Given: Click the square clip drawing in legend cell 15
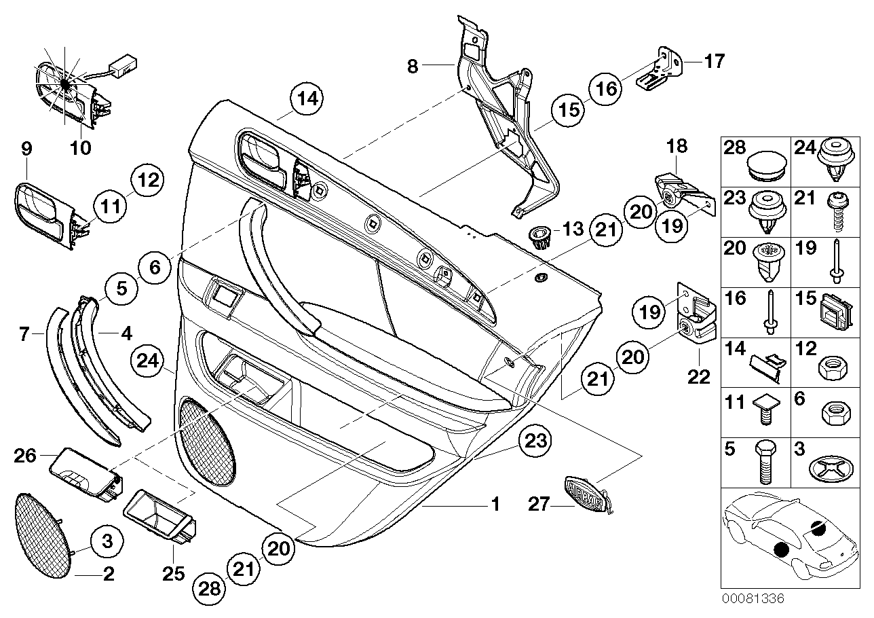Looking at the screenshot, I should point(831,313).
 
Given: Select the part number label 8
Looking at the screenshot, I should point(413,66).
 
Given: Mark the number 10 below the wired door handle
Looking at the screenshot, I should point(81,147).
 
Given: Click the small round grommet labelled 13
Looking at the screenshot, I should point(539,237).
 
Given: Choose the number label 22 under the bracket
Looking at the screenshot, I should point(700,375).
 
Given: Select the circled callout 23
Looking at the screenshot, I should point(535,442).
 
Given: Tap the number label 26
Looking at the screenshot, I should point(26,455).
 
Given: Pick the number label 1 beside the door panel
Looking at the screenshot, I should point(495,505).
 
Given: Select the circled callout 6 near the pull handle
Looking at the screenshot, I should point(155,268).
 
